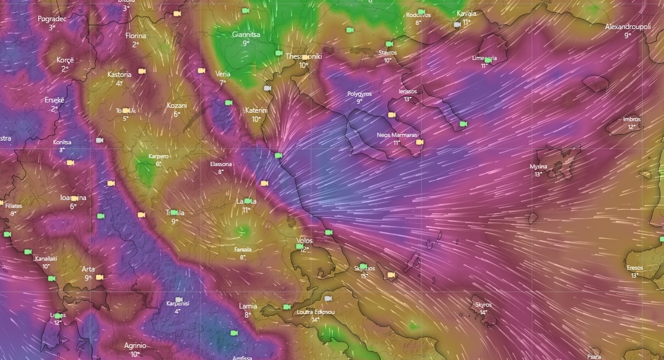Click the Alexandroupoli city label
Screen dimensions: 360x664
pyautogui.click(x=628, y=27)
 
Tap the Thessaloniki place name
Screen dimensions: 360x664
pyautogui.click(x=303, y=56)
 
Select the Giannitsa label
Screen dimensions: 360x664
pyautogui.click(x=246, y=35)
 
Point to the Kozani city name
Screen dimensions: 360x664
pyautogui.click(x=176, y=105)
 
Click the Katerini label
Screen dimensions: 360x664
pyautogui.click(x=256, y=111)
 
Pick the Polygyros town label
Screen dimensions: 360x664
pyautogui.click(x=359, y=94)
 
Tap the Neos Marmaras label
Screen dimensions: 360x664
pyautogui.click(x=397, y=135)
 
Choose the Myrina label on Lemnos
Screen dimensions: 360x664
pyautogui.click(x=538, y=166)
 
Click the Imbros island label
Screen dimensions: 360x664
pyautogui.click(x=631, y=119)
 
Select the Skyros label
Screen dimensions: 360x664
pyautogui.click(x=483, y=305)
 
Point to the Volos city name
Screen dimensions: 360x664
pyautogui.click(x=304, y=241)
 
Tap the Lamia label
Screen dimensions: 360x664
pyautogui.click(x=248, y=306)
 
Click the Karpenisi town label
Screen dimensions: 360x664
pyautogui.click(x=178, y=304)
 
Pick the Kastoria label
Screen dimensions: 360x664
pyautogui.click(x=119, y=75)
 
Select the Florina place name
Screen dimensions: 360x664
pyautogui.click(x=136, y=36)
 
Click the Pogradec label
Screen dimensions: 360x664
pyautogui.click(x=52, y=19)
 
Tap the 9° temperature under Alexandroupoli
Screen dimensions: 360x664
pyautogui.click(x=628, y=35)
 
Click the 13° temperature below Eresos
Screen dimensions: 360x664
pyautogui.click(x=634, y=275)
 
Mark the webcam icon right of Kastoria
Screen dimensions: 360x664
pyautogui.click(x=142, y=71)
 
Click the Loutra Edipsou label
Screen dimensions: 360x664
pyautogui.click(x=316, y=312)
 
